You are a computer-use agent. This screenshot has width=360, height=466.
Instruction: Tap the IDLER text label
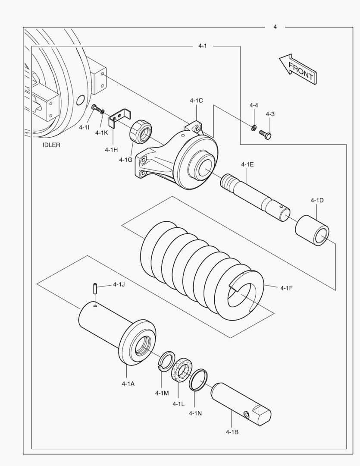click(51, 145)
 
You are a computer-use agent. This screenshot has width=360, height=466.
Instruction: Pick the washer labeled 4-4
click(254, 127)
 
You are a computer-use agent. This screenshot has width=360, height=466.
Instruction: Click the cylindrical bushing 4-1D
click(313, 230)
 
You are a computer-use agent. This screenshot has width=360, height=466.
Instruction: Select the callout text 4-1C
click(196, 101)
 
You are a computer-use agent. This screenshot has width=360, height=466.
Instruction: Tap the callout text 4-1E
click(247, 164)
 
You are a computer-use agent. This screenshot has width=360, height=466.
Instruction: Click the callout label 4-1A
click(128, 384)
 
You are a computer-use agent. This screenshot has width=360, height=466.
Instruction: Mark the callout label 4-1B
click(232, 431)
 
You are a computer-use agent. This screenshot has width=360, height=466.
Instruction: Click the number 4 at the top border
click(275, 27)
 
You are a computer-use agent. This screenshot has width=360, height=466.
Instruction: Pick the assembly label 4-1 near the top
click(203, 46)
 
